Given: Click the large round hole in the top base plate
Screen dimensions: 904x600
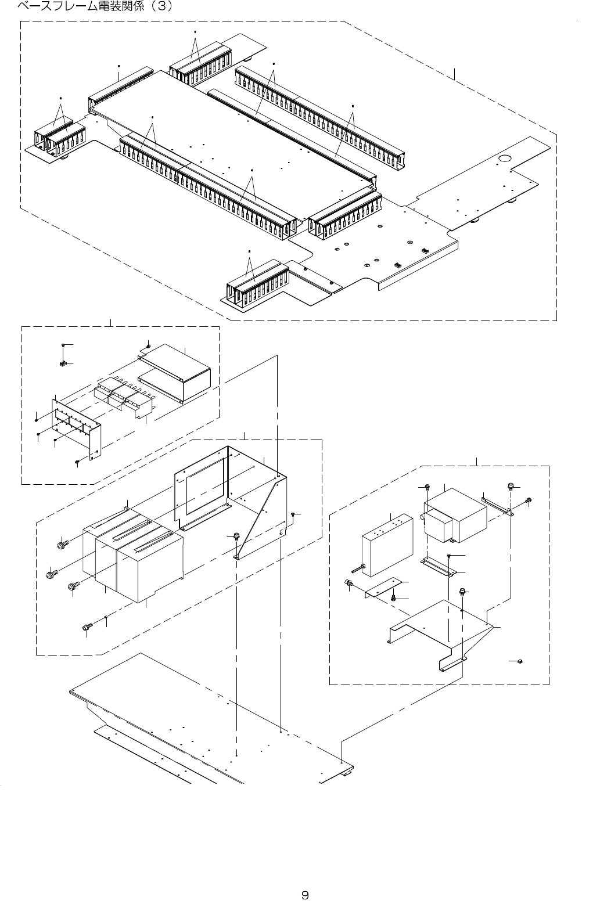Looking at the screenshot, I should [504, 158].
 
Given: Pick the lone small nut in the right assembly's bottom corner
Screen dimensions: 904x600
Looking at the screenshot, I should [520, 661].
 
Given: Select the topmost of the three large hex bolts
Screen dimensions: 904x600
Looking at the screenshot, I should [63, 545].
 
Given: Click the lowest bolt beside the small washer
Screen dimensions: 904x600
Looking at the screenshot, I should [88, 626].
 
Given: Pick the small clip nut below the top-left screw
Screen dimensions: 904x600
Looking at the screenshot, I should [62, 364].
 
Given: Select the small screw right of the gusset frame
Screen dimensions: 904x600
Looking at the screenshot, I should [294, 514].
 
